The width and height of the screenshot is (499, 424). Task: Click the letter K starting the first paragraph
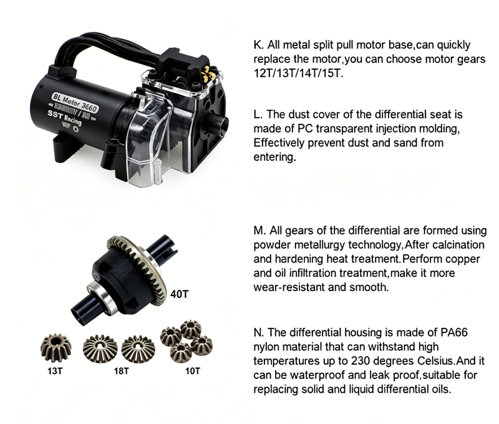(258, 45)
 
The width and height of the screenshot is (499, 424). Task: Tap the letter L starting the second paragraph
(257, 115)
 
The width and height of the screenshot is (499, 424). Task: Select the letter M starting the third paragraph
(258, 231)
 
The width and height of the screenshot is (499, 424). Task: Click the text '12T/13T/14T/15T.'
(299, 72)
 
